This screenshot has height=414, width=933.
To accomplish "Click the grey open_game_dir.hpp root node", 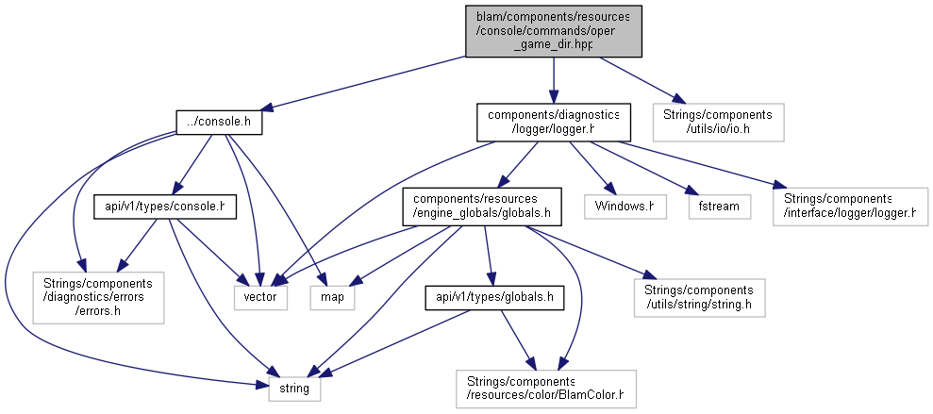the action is point(554,31).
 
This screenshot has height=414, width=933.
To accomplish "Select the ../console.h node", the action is point(219,123).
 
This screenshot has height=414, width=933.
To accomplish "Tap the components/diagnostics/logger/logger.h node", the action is point(554,123).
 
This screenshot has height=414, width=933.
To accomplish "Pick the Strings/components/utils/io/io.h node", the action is point(718,123).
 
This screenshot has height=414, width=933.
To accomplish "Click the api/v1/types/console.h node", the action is point(162,207).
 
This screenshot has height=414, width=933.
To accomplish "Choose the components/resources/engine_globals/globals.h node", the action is point(482,207).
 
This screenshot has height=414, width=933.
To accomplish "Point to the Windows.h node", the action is point(625,207).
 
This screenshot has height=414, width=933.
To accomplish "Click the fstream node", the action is point(719,207).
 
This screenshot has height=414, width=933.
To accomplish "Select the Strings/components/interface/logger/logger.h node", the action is point(850,207).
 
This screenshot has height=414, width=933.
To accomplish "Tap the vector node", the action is point(260,297).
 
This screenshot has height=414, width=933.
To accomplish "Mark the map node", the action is point(332,297).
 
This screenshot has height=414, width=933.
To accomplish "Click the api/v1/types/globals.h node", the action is point(494,297).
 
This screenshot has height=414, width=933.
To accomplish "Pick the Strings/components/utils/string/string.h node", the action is point(699,297).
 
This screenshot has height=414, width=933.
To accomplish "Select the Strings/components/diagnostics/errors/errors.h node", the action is point(98,297).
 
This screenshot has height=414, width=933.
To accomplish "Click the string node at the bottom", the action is point(294,389).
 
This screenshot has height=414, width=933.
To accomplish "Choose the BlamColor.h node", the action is point(546,389).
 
